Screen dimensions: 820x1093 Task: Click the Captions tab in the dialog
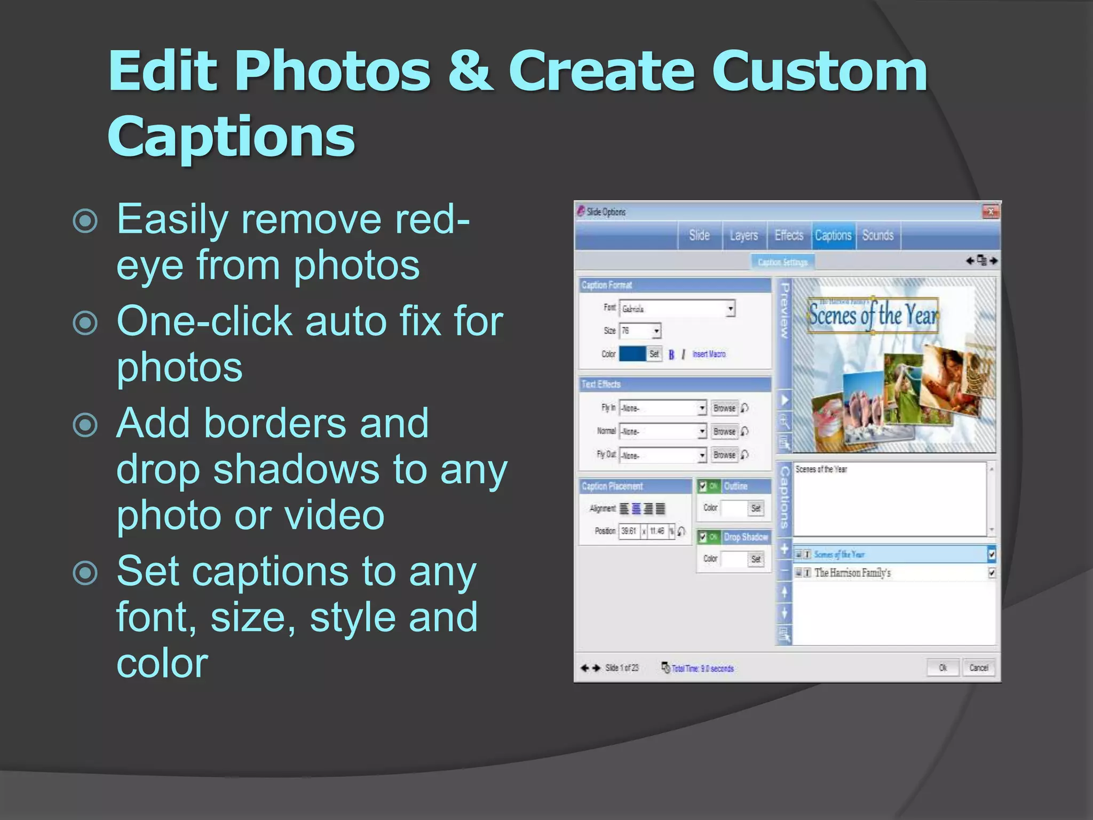pyautogui.click(x=833, y=235)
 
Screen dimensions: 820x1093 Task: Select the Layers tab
pyautogui.click(x=743, y=235)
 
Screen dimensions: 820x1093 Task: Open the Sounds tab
pyautogui.click(x=877, y=235)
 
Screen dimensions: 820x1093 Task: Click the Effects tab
pyautogui.click(x=789, y=235)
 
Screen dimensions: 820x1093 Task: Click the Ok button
pyautogui.click(x=942, y=668)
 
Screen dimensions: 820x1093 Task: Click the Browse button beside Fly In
pyautogui.click(x=724, y=408)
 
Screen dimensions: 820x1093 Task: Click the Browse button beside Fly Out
pyautogui.click(x=724, y=455)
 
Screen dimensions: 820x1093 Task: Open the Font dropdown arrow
pyautogui.click(x=730, y=309)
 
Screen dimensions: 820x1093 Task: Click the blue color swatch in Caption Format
pyautogui.click(x=632, y=354)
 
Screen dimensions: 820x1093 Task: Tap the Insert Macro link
pyautogui.click(x=709, y=354)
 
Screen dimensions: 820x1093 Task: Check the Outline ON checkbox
pyautogui.click(x=703, y=486)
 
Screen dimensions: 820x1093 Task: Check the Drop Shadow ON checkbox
pyautogui.click(x=703, y=537)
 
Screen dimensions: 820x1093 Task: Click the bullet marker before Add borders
pyautogui.click(x=85, y=425)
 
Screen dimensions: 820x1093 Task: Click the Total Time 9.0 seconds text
pyautogui.click(x=702, y=668)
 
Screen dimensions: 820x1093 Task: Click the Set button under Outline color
pyautogui.click(x=756, y=508)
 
